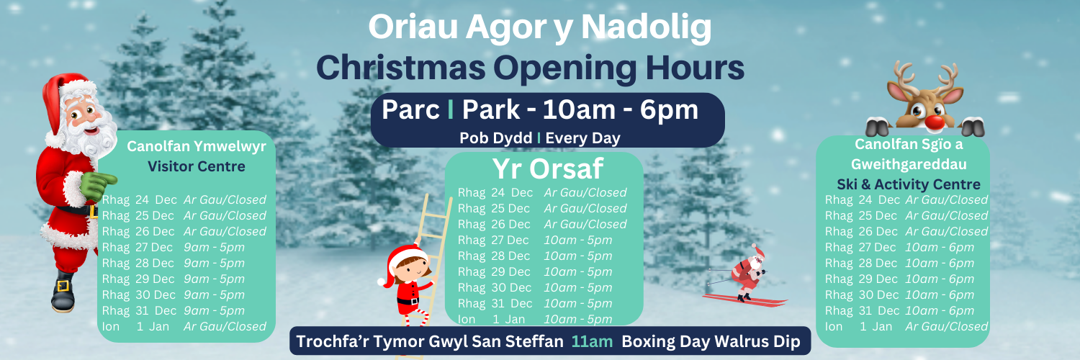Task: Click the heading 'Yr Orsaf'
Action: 548,168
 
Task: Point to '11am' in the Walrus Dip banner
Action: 592,341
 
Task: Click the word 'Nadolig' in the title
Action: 646,28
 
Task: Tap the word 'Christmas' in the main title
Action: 401,68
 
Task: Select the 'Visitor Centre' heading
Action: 197,166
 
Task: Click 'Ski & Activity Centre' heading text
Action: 909,184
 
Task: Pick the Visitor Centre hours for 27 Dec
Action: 214,247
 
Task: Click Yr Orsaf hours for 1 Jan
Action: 578,319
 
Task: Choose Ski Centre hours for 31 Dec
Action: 940,311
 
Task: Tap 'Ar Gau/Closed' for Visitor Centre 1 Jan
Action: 225,326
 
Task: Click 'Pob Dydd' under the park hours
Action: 495,138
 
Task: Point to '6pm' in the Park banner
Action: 669,110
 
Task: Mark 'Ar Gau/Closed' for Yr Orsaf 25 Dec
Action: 585,208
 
